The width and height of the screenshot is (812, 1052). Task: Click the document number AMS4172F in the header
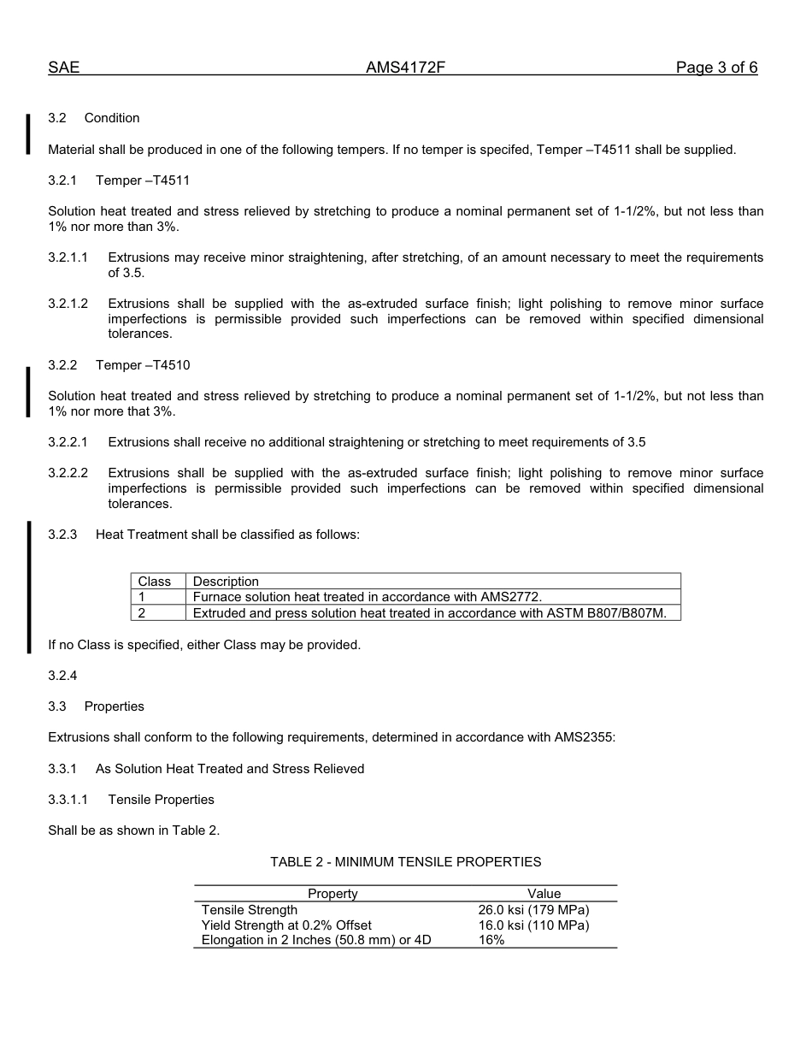(406, 68)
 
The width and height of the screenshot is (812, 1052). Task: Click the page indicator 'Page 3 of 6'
(716, 68)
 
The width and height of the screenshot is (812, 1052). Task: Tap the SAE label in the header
(63, 68)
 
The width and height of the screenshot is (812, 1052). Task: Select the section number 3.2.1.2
(68, 304)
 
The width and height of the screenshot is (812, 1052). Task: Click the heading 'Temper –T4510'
(143, 365)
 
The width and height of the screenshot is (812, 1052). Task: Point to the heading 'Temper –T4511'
(143, 180)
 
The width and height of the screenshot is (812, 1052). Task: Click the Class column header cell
(155, 582)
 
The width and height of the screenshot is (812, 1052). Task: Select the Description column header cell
(226, 582)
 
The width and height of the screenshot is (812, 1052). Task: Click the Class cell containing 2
(143, 613)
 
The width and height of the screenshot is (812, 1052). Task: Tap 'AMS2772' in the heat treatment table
(511, 597)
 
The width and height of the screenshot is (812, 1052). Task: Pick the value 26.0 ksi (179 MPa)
(533, 910)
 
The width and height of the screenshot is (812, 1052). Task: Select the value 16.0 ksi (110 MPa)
(533, 925)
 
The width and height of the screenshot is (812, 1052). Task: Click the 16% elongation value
(491, 940)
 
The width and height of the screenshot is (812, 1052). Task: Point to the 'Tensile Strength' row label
(250, 910)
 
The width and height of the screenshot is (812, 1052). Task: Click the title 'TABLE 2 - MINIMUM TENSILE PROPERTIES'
(405, 862)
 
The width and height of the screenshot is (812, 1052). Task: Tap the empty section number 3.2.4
(62, 676)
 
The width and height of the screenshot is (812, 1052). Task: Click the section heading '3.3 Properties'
(96, 706)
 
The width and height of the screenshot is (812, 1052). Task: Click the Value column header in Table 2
(544, 894)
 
